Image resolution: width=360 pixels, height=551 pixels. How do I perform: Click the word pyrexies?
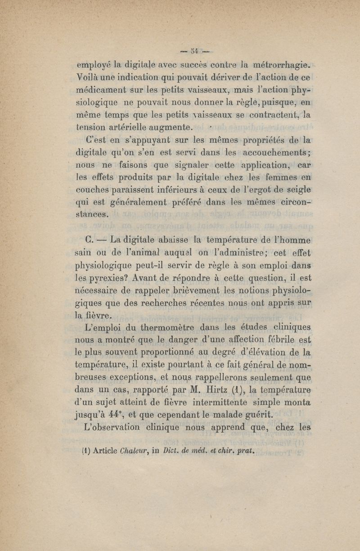[106, 273]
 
